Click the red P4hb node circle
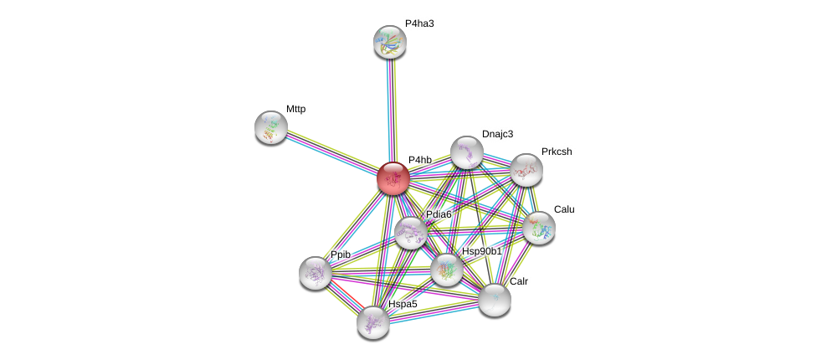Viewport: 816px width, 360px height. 393,178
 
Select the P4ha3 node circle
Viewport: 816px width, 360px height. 389,42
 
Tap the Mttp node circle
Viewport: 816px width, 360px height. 271,127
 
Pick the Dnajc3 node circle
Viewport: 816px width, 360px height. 466,152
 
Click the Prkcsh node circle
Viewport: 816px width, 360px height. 526,170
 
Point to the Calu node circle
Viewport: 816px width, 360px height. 538,227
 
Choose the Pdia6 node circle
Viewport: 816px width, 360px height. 410,233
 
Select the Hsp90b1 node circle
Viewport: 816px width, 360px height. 446,270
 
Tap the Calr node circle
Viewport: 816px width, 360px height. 494,299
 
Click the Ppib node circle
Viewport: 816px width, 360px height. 316,272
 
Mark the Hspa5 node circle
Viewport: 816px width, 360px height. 372,321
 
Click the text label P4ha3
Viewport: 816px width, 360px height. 419,23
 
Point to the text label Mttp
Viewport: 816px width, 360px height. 295,109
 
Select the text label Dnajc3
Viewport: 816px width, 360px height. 497,134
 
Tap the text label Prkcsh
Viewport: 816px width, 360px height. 557,152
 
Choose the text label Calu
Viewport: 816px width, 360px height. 564,209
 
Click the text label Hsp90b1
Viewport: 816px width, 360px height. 482,251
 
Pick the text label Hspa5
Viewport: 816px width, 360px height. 403,304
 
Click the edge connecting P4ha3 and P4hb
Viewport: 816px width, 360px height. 391,109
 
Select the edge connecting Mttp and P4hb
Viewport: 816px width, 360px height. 331,152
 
